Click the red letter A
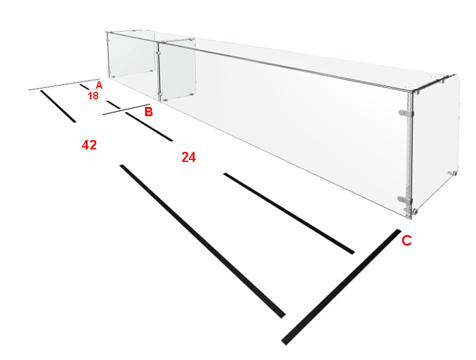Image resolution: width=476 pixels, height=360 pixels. click(x=99, y=85)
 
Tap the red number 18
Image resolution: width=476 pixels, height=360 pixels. click(x=93, y=96)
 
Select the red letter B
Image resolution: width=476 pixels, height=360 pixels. click(x=148, y=112)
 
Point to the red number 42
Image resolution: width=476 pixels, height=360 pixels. click(x=89, y=145)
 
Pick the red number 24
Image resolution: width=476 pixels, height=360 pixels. click(x=188, y=157)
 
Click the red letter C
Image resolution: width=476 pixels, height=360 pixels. click(x=407, y=240)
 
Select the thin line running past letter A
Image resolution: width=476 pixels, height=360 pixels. click(x=64, y=84)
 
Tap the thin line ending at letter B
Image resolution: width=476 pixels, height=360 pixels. click(x=126, y=109)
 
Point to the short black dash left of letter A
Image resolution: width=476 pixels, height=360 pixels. click(x=84, y=87)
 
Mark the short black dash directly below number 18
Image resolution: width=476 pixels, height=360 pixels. click(x=114, y=104)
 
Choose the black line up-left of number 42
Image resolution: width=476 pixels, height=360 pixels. click(x=58, y=106)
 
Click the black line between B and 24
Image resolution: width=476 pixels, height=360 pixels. click(x=149, y=126)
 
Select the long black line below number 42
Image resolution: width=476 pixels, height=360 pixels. click(x=203, y=241)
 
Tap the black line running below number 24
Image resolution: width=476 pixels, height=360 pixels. click(x=289, y=214)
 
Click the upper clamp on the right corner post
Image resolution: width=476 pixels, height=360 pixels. click(x=406, y=113)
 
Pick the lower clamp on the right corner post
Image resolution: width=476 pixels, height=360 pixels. click(x=405, y=199)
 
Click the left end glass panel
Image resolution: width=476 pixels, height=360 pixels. click(x=131, y=56)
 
